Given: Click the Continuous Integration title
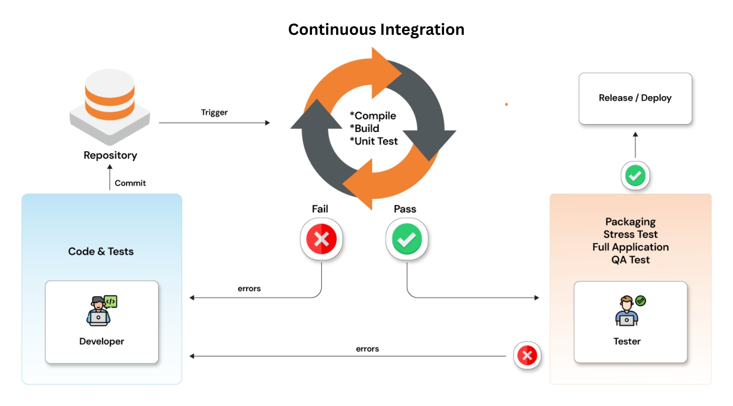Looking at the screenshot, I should pos(376,29).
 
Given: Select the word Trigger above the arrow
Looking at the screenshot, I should pos(214,112).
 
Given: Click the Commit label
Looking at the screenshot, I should pos(130,183).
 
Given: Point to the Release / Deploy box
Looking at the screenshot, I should pos(635,98).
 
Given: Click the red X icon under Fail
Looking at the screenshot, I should pos(321,239).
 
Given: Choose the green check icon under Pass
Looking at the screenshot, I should pos(406,239).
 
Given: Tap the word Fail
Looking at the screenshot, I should pos(320,209).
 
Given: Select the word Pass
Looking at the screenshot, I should pos(405,209).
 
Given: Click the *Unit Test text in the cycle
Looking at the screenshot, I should pos(374,141).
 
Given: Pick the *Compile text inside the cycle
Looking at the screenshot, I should pos(373,115).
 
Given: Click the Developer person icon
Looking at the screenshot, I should pos(101,311).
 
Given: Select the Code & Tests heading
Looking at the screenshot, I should pos(101,252).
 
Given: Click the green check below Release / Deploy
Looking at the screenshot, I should pos(635,176).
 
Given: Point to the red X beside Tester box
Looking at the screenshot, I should pos(527,355).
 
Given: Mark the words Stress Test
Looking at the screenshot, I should pos(630,234).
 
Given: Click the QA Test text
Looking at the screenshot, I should pos(630,260).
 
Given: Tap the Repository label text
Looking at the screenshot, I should pos(110,155).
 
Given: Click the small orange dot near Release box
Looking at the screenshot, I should pos(506,104).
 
